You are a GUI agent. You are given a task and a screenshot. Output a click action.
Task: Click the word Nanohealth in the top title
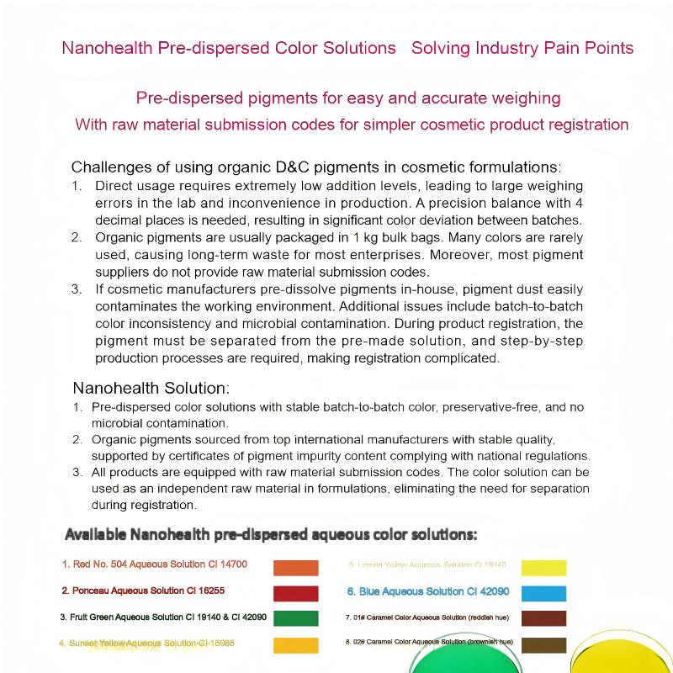pyautogui.click(x=107, y=47)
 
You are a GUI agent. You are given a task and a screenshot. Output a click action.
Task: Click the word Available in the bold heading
pyautogui.click(x=96, y=534)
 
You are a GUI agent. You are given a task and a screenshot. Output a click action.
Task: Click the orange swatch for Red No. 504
pyautogui.click(x=296, y=567)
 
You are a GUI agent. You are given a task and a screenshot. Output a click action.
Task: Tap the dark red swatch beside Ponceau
pyautogui.click(x=296, y=593)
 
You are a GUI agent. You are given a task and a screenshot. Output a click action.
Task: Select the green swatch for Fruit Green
pyautogui.click(x=296, y=618)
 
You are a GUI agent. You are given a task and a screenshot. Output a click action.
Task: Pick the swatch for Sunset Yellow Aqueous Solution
pyautogui.click(x=296, y=645)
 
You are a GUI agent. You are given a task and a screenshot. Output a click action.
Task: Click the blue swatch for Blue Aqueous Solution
pyautogui.click(x=543, y=593)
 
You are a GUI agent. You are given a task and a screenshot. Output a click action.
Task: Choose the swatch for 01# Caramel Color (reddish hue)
pyautogui.click(x=543, y=618)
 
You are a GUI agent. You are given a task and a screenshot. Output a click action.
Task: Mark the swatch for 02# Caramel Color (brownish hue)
pyautogui.click(x=543, y=645)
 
